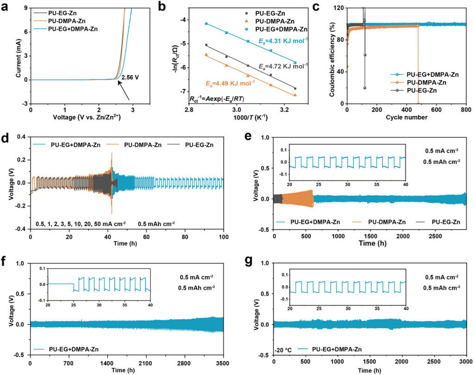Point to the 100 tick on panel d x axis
[224, 237]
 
